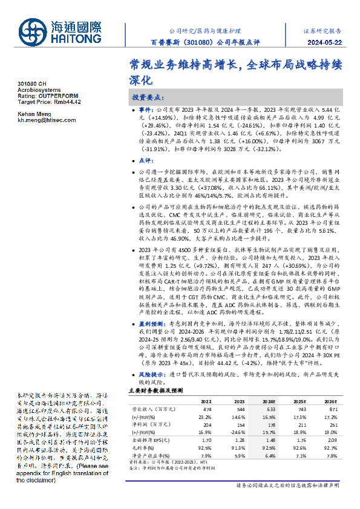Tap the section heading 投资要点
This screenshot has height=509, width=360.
148,97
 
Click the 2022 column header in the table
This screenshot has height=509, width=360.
206,400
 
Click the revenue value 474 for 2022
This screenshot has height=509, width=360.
206,409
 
